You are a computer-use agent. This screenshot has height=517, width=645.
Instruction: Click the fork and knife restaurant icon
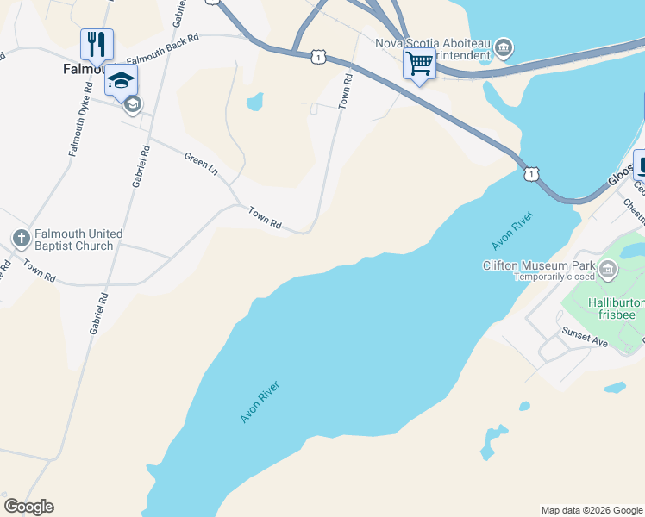pyautogui.click(x=97, y=44)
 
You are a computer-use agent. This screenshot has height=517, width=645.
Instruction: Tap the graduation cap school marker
pyautogui.click(x=121, y=80)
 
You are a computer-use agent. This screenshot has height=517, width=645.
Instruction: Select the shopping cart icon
pyautogui.click(x=419, y=63)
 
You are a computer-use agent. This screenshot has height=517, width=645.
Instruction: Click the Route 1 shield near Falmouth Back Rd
pyautogui.click(x=319, y=57)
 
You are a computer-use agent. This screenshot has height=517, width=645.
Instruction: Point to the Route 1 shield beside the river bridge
pyautogui.click(x=531, y=173)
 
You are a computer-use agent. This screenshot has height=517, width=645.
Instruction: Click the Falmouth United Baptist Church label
pyautogui.click(x=73, y=240)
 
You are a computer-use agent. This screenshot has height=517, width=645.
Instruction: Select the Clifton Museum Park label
pyautogui.click(x=541, y=265)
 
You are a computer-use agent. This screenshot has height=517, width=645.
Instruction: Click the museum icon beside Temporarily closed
pyautogui.click(x=609, y=271)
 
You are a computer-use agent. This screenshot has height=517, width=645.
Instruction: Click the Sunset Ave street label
pyautogui.click(x=586, y=337)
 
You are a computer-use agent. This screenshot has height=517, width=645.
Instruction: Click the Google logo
pyautogui.click(x=28, y=506)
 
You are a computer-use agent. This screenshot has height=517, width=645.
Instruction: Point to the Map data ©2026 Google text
pyautogui.click(x=591, y=510)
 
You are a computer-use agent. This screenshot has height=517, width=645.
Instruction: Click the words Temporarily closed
pyautogui.click(x=555, y=277)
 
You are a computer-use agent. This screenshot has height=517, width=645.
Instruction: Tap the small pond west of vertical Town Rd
pyautogui.click(x=254, y=102)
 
